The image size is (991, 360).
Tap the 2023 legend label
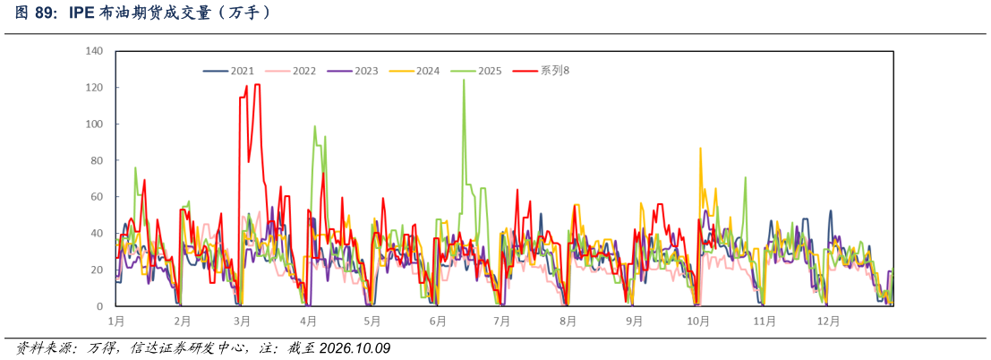point(352,71)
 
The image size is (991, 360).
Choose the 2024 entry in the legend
point(414,71)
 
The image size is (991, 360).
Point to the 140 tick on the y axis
point(94,51)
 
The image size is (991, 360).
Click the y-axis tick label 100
point(94,124)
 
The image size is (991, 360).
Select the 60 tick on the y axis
point(98,197)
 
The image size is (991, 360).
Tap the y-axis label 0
point(100,306)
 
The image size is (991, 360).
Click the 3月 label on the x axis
point(241,321)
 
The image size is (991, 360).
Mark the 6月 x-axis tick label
point(438,321)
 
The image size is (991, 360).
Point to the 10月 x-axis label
point(697,321)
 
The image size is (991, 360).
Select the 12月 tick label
point(829,321)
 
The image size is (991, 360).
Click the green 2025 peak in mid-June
point(464,81)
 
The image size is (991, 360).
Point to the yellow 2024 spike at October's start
point(700,149)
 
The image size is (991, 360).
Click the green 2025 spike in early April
point(315,126)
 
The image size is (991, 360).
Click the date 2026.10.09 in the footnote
point(355,348)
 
